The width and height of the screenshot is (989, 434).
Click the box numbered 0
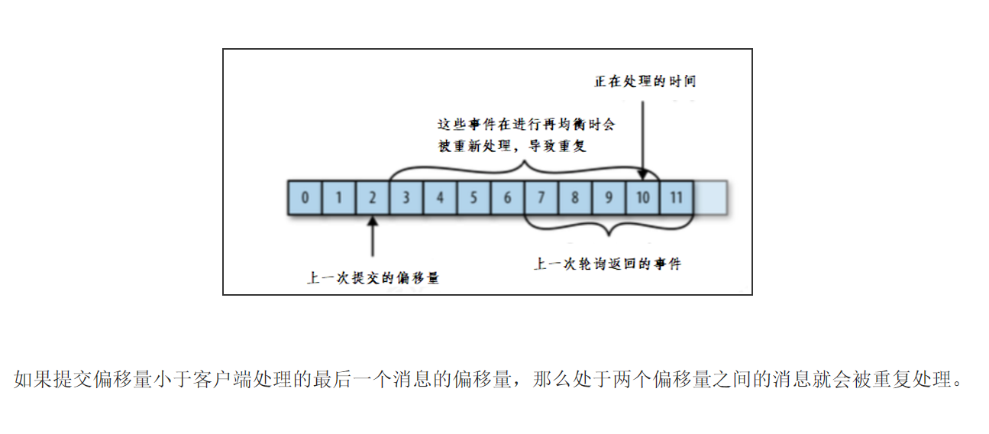click(x=305, y=197)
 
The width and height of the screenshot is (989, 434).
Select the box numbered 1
click(x=338, y=197)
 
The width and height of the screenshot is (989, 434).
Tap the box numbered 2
click(x=372, y=197)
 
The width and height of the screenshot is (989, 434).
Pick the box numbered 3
click(x=406, y=197)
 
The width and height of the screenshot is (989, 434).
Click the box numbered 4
click(x=440, y=197)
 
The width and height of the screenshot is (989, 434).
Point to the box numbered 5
click(x=473, y=197)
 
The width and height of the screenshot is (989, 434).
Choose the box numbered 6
click(x=507, y=197)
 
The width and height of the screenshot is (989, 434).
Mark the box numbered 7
click(x=541, y=197)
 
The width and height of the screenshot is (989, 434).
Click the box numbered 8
click(x=575, y=197)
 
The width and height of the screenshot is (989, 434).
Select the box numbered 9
click(x=609, y=197)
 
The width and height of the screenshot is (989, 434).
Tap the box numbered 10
click(x=642, y=197)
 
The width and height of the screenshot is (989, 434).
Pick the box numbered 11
click(x=676, y=197)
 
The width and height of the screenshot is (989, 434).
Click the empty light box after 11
click(x=710, y=197)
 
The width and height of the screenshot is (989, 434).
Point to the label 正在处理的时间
click(x=645, y=81)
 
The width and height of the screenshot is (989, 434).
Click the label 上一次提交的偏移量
click(x=373, y=277)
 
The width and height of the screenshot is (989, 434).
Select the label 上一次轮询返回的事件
click(x=607, y=264)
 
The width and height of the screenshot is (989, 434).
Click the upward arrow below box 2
click(x=372, y=237)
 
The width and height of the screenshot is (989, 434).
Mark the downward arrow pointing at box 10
click(x=644, y=138)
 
